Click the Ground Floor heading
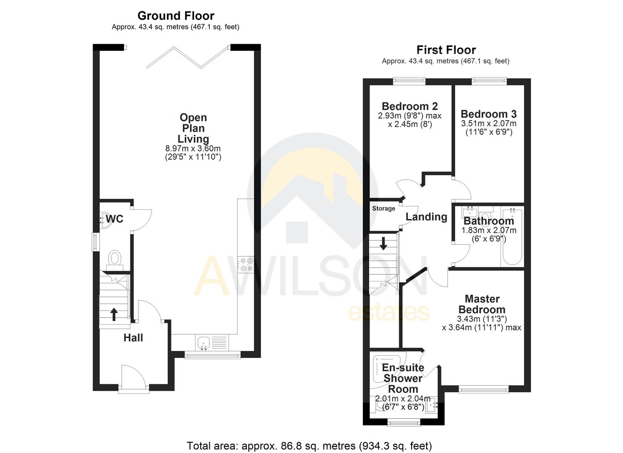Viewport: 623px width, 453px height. point(176,16)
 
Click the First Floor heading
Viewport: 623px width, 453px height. point(446,50)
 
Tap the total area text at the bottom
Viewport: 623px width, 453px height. point(309,445)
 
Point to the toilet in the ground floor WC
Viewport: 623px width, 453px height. point(115,259)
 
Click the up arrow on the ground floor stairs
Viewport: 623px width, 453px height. point(114,314)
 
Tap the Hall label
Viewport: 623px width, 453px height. point(133,338)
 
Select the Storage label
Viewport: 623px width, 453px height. point(383,208)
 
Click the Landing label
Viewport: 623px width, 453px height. point(426,217)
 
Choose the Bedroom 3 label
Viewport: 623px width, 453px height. point(488,114)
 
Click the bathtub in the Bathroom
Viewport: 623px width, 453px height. point(512,237)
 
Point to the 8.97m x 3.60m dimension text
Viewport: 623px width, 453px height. point(193,148)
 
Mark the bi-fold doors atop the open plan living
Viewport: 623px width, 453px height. point(187,57)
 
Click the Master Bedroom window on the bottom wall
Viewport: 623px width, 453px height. point(483,390)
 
